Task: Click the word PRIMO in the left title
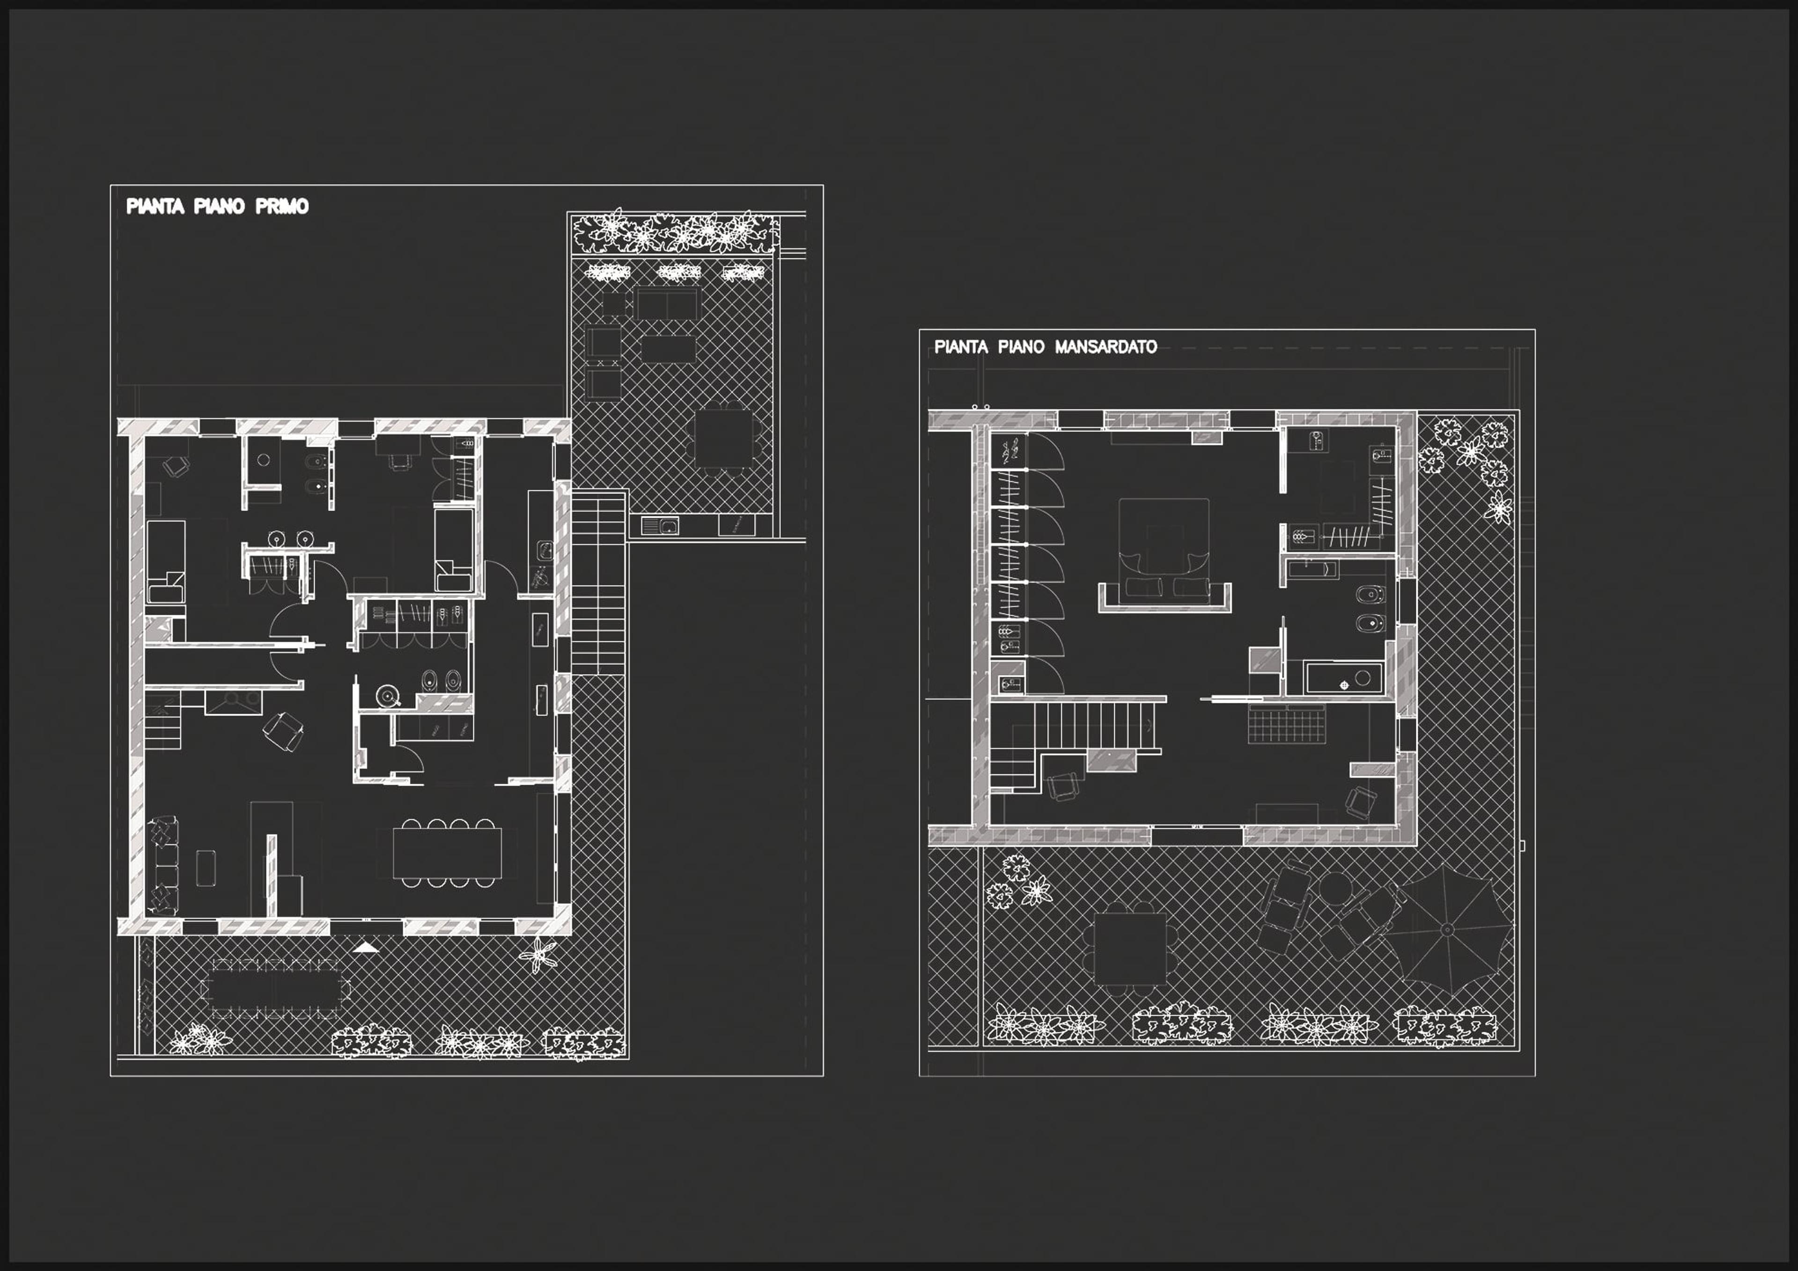tap(282, 207)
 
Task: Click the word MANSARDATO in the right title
tap(1106, 347)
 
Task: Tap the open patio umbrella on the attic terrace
tap(1447, 930)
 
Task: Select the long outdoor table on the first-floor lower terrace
tap(276, 987)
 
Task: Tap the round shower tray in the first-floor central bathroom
tap(388, 695)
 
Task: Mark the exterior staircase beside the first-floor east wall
tap(599, 583)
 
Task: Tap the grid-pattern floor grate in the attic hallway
tap(1287, 724)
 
